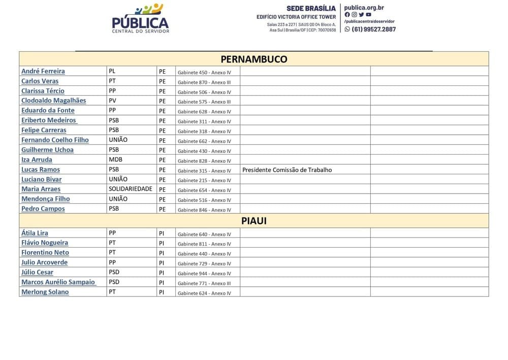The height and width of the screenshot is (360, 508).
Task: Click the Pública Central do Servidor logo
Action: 140,18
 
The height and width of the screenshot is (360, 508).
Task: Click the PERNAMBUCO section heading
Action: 253,59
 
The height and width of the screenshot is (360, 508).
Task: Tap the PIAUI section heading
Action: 253,221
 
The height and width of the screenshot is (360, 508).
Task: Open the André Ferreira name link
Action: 43,71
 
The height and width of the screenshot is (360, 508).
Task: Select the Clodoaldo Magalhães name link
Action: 54,101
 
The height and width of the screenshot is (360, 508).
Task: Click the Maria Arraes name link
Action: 41,189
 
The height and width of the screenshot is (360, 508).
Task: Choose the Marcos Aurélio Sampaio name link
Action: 58,282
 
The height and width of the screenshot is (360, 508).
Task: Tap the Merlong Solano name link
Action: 45,292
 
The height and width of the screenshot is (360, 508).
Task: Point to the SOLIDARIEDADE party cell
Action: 131,189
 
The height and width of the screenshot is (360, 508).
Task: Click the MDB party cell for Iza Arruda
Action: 115,159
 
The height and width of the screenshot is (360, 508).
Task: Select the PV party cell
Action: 112,100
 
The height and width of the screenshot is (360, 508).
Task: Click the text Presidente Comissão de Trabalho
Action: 287,170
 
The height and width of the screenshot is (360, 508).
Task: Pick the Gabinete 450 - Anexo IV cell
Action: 204,73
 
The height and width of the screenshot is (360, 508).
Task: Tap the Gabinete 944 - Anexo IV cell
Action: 204,274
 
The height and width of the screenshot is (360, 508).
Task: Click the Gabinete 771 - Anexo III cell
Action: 204,283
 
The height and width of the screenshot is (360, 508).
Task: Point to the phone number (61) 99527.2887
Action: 373,29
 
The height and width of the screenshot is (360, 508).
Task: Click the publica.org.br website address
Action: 364,8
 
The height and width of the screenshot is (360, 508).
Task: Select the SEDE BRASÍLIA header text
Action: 311,8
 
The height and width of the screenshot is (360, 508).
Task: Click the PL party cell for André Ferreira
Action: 112,71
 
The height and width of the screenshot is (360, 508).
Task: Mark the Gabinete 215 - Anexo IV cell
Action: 204,181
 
